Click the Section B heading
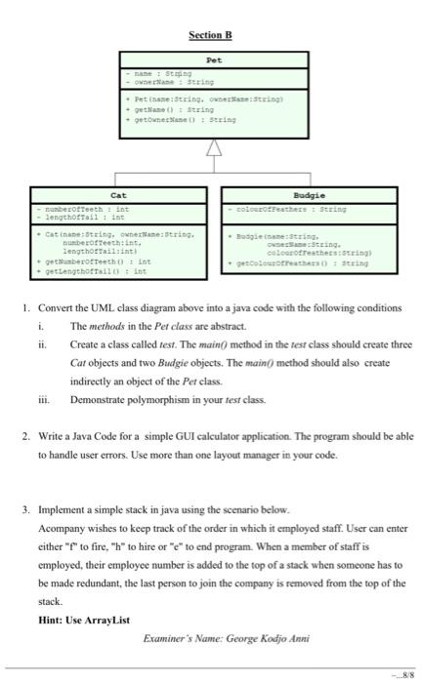click(211, 36)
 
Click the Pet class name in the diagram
click(213, 59)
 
